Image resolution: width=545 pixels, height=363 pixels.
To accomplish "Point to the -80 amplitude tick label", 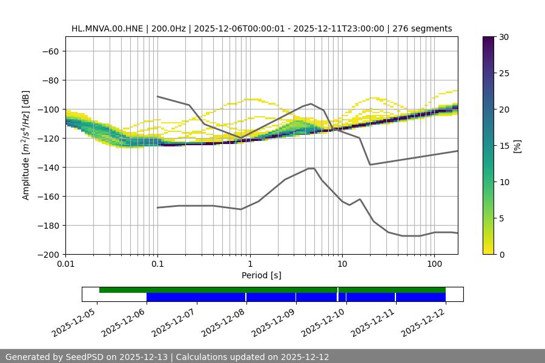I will (x=50, y=80).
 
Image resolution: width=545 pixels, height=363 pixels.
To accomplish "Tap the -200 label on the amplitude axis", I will (x=48, y=254).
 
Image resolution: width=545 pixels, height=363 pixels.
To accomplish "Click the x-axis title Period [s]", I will (x=261, y=275).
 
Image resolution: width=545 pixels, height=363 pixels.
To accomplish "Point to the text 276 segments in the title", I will (x=422, y=28).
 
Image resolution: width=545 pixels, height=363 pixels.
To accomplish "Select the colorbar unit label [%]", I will (x=517, y=146).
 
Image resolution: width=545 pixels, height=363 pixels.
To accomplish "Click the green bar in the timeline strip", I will (x=218, y=290).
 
